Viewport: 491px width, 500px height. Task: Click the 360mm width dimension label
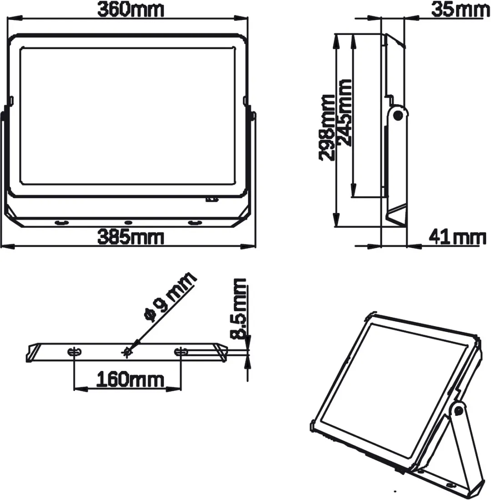click(130, 10)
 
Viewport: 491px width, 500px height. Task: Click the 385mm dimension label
click(130, 237)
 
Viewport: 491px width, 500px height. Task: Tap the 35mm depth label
click(461, 10)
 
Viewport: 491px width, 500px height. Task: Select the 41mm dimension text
click(457, 237)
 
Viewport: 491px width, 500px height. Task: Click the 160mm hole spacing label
click(130, 379)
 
